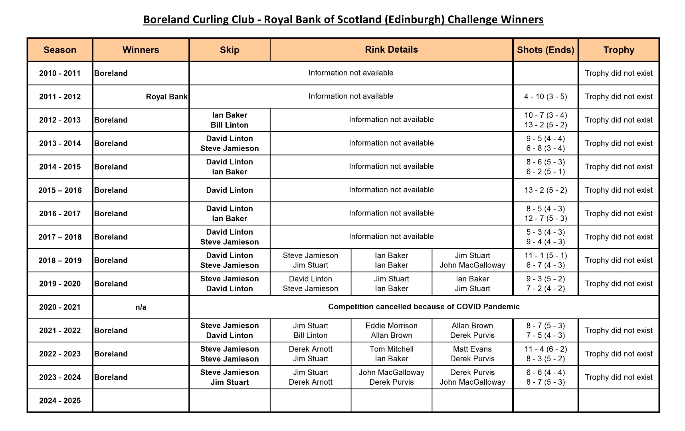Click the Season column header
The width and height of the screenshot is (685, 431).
click(60, 50)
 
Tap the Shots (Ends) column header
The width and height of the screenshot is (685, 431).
click(545, 50)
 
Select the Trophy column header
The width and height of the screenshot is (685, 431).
click(618, 50)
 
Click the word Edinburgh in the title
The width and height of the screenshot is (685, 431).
click(414, 20)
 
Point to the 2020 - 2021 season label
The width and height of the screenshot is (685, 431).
click(60, 307)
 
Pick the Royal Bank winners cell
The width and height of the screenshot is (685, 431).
click(166, 97)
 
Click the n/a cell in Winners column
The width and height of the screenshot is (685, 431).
click(141, 307)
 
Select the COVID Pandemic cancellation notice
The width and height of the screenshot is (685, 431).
click(424, 306)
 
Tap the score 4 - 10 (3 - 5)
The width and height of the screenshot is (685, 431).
click(545, 97)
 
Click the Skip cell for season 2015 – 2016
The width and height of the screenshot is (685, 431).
click(230, 190)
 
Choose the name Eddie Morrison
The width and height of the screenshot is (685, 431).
click(391, 326)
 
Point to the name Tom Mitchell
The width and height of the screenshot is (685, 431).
click(391, 349)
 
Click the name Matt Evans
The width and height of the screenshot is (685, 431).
click(472, 349)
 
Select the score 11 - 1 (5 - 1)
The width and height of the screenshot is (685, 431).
click(545, 255)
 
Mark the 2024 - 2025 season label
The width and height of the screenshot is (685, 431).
click(60, 401)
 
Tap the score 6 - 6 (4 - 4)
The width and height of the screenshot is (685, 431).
click(545, 372)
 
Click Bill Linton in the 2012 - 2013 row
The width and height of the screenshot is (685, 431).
click(230, 125)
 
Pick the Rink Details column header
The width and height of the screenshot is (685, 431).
click(391, 49)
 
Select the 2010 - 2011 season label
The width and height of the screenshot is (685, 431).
click(60, 73)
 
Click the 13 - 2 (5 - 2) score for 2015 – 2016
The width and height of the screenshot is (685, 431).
click(545, 190)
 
